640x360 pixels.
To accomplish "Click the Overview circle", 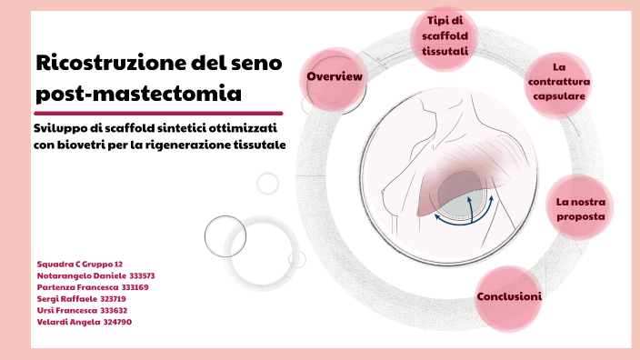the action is pos(335,76).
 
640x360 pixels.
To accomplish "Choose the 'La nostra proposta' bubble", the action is pos(579,209).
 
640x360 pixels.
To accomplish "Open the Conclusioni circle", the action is pos(509,296).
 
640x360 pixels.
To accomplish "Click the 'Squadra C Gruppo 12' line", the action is pos(81,264).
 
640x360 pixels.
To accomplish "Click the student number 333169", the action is pos(135,287).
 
